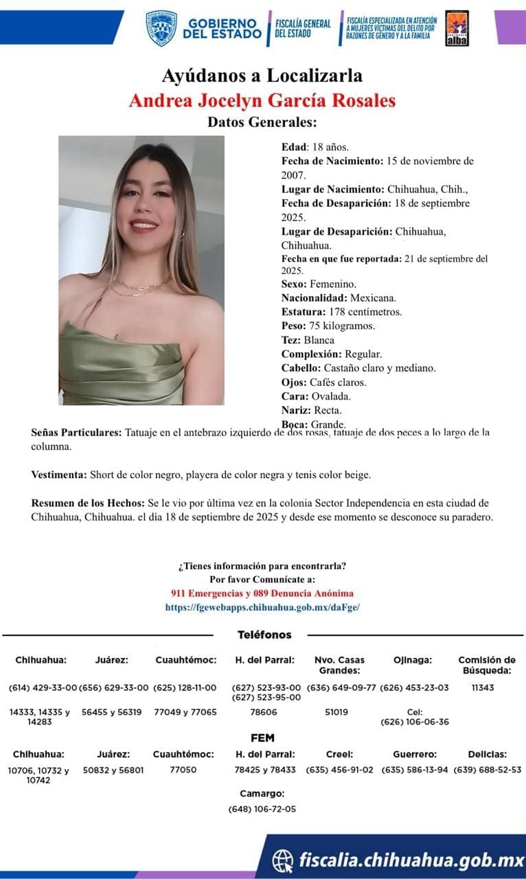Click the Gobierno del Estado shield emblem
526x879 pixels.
[161, 27]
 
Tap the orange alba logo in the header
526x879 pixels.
[457, 28]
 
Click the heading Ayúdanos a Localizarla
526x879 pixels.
[262, 75]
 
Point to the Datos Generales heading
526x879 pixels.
[262, 123]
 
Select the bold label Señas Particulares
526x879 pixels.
[76, 433]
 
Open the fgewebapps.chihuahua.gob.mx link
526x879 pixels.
[262, 607]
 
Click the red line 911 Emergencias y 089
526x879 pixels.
[262, 593]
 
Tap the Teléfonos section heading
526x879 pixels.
[264, 635]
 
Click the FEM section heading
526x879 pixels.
[262, 738]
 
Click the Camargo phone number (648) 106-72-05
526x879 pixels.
[262, 809]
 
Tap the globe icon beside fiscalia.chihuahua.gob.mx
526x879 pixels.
[283, 859]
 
